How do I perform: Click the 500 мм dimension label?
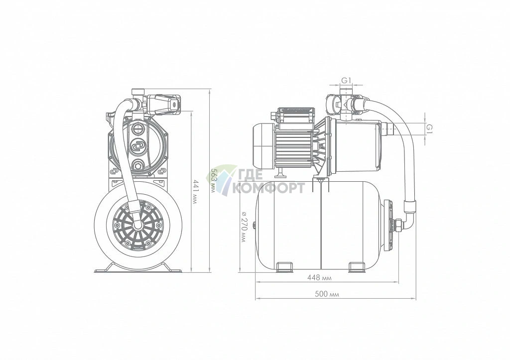[327, 294]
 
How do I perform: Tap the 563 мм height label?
[213, 180]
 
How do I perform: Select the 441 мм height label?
[195, 192]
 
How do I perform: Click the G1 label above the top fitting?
[346, 80]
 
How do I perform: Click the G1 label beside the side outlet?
[429, 128]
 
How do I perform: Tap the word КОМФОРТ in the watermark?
[268, 188]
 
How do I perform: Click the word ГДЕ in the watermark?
[251, 175]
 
